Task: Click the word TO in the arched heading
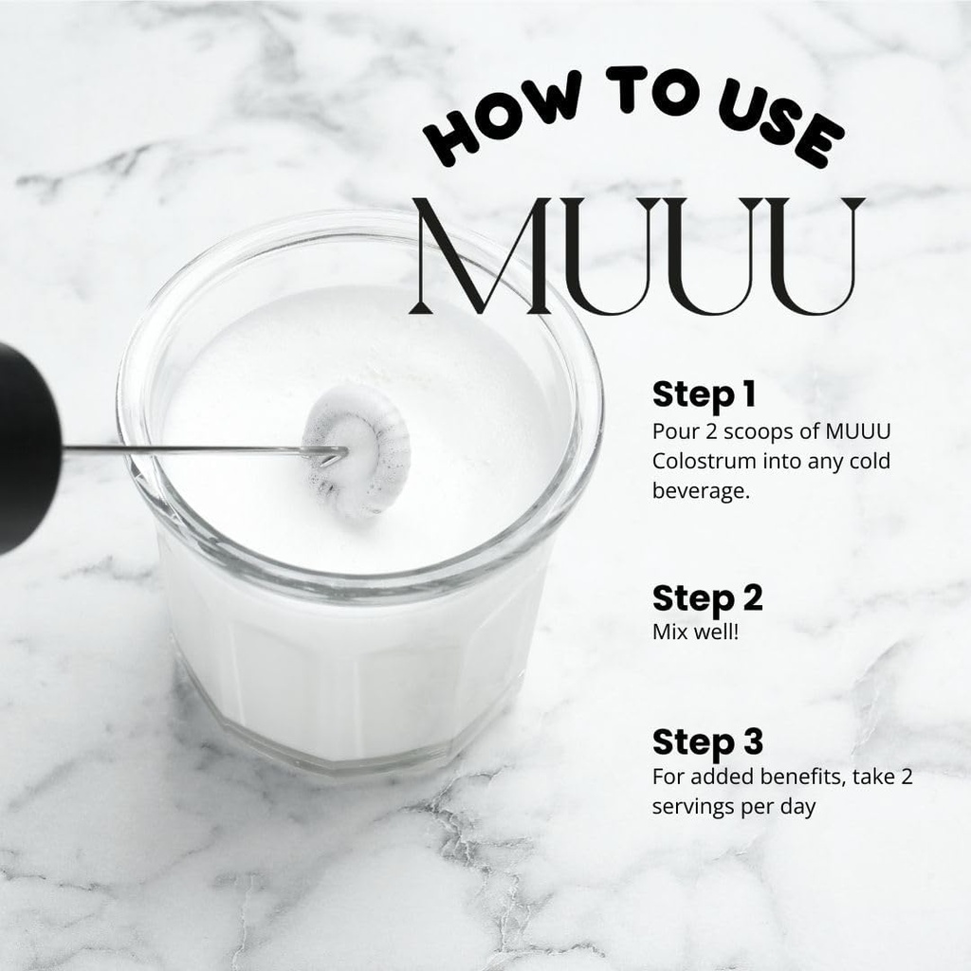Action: point(651,89)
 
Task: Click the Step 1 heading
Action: point(705,394)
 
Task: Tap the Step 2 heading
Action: point(707,599)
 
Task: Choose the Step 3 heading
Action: point(707,742)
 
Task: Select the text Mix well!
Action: point(695,632)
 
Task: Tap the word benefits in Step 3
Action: point(801,777)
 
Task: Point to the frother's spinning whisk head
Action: point(357,450)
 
